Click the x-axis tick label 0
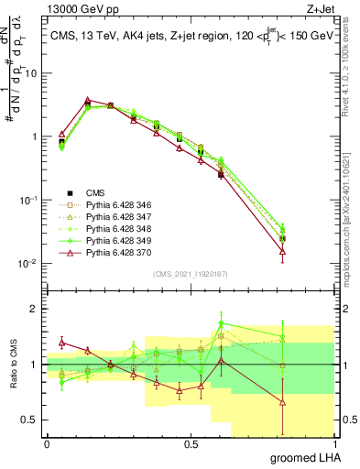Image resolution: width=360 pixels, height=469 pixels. (47, 443)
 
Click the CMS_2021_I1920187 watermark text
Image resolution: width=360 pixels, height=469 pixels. (190, 272)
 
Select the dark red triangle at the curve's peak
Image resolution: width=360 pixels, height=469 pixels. (87, 100)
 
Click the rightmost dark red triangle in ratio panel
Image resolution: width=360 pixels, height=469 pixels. (282, 401)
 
